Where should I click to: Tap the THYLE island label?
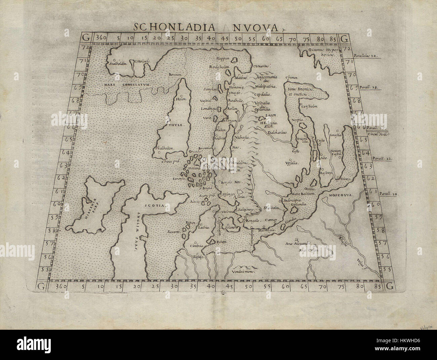pyautogui.click(x=175, y=125)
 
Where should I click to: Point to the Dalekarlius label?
pyautogui.click(x=278, y=133)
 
